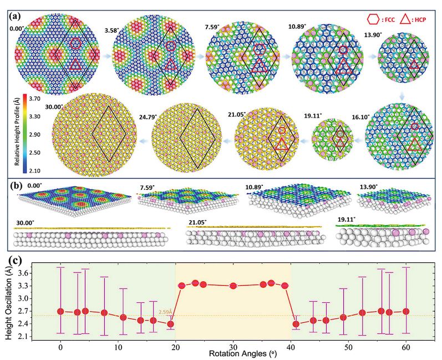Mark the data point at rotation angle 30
233,286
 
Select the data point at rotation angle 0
60,311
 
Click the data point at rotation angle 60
405,311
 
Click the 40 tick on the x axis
291,346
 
